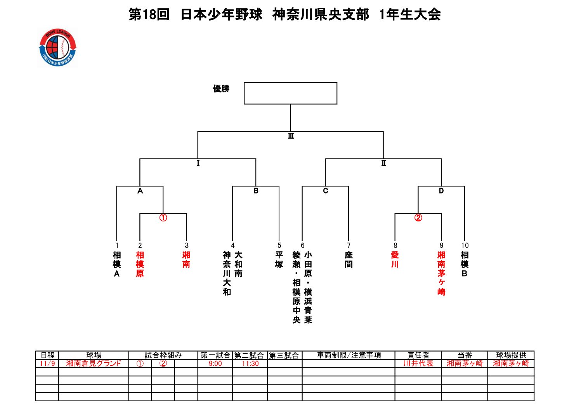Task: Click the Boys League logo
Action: tap(57, 48)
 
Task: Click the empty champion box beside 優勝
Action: tap(290, 93)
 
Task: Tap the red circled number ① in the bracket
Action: tap(163, 218)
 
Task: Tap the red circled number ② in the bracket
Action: tap(418, 218)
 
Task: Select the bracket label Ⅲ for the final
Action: tap(291, 136)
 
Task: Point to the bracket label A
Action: tap(140, 191)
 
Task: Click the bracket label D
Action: tap(441, 191)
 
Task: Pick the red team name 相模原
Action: tap(140, 264)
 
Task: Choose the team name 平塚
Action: tap(279, 259)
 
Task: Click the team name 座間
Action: tap(349, 259)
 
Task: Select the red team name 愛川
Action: tap(395, 259)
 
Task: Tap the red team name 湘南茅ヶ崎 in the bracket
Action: tap(441, 273)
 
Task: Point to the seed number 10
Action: tap(465, 246)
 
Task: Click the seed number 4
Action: tap(233, 246)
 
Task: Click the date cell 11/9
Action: tap(47, 364)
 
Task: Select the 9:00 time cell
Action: tap(215, 364)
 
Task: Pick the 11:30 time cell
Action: tap(250, 364)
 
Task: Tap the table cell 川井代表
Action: tap(418, 364)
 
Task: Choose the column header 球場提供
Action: tap(511, 355)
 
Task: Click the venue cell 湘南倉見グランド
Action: tap(94, 364)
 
